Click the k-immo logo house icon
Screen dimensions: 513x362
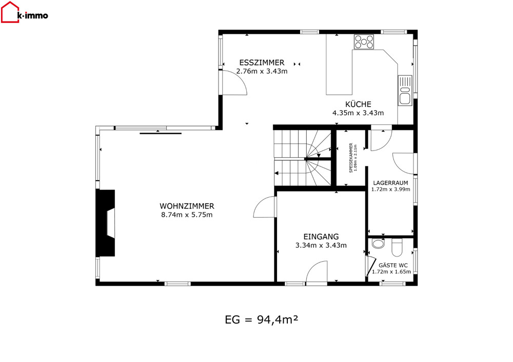click(x=10, y=12)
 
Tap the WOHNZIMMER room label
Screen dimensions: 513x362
click(x=187, y=206)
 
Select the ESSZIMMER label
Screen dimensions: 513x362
click(x=262, y=62)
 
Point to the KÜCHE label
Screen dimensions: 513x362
click(x=358, y=104)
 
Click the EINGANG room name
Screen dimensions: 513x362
click(x=321, y=237)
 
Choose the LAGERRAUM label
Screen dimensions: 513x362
click(x=390, y=183)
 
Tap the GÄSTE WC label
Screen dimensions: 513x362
click(x=393, y=265)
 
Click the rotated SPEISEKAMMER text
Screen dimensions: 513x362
click(x=351, y=158)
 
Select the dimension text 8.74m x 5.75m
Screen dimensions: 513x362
click(x=187, y=215)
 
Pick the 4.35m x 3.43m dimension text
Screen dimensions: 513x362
click(x=358, y=113)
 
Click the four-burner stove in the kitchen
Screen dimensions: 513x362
click(x=364, y=42)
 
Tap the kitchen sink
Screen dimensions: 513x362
click(x=405, y=91)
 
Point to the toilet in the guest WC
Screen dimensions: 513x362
click(x=397, y=248)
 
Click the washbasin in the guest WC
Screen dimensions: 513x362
click(x=378, y=244)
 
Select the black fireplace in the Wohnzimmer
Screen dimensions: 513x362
click(x=105, y=223)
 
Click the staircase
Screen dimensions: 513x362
click(x=303, y=158)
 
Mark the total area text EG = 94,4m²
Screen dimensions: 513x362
click(x=262, y=320)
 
